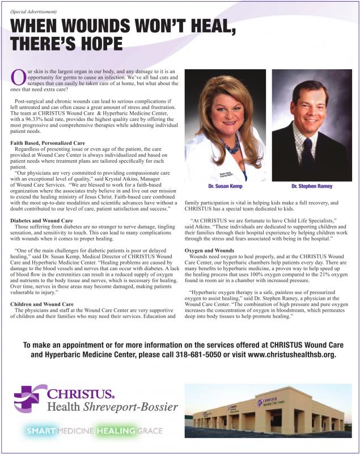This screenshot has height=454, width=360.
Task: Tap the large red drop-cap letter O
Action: [18, 78]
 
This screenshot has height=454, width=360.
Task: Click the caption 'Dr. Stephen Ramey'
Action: [312, 186]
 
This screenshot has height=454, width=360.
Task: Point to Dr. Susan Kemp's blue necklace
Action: [231, 146]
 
